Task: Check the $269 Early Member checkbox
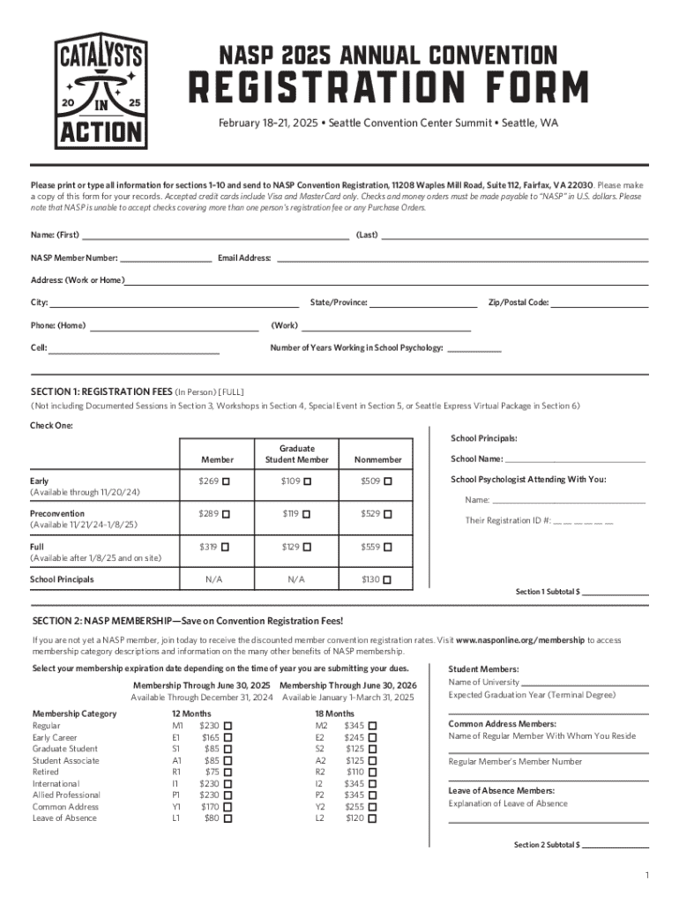pyautogui.click(x=227, y=481)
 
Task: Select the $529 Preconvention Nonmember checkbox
pyautogui.click(x=388, y=514)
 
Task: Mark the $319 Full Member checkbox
pyautogui.click(x=227, y=548)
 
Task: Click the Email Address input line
pyautogui.click(x=463, y=260)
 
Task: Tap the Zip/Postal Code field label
pyautogui.click(x=519, y=302)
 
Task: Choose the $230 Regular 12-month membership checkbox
pyautogui.click(x=228, y=727)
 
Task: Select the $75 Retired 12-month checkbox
pyautogui.click(x=228, y=772)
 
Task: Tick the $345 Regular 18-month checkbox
pyautogui.click(x=372, y=727)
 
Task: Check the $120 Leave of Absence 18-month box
pyautogui.click(x=372, y=818)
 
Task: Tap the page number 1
pyautogui.click(x=646, y=875)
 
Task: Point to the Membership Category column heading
pyautogui.click(x=74, y=713)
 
